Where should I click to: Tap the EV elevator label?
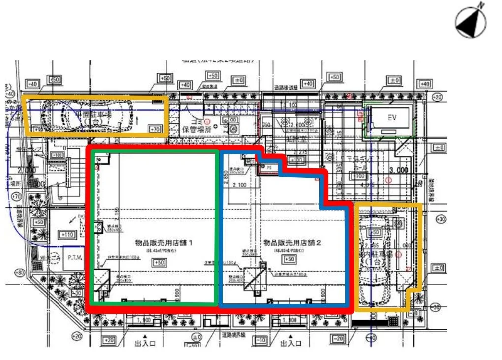pyautogui.click(x=392, y=118)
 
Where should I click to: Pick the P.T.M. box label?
pyautogui.click(x=75, y=257)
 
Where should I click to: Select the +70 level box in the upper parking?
pyautogui.click(x=155, y=130)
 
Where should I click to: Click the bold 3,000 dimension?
pyautogui.click(x=398, y=170)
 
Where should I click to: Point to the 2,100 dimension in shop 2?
pyautogui.click(x=242, y=185)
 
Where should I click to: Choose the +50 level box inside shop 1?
pyautogui.click(x=159, y=263)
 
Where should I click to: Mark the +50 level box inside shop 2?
pyautogui.click(x=290, y=259)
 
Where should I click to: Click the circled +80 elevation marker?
pyautogui.click(x=20, y=272)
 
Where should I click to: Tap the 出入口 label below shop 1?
pyautogui.click(x=145, y=344)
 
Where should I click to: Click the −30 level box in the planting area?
pyautogui.click(x=76, y=293)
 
